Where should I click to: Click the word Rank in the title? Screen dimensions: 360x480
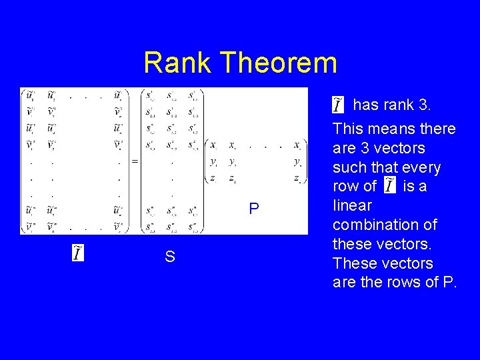click(177, 63)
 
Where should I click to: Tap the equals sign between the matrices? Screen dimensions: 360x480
click(135, 161)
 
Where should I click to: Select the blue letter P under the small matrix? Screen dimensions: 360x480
click(253, 209)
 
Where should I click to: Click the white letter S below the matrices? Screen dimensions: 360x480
click(170, 257)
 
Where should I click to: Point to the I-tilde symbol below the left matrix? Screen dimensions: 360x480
click(78, 253)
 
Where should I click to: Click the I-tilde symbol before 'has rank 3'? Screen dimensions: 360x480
click(339, 105)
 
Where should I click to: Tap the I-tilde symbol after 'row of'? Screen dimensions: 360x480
click(389, 187)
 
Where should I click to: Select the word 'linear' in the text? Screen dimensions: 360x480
click(352, 205)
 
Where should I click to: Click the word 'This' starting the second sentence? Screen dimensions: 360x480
click(348, 128)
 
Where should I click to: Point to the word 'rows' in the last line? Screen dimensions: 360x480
click(402, 282)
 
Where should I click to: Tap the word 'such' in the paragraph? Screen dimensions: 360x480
click(349, 167)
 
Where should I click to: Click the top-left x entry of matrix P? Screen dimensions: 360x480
click(213, 145)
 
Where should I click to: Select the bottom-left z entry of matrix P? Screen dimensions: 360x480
click(213, 177)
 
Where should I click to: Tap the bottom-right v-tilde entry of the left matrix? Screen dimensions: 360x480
click(118, 227)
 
